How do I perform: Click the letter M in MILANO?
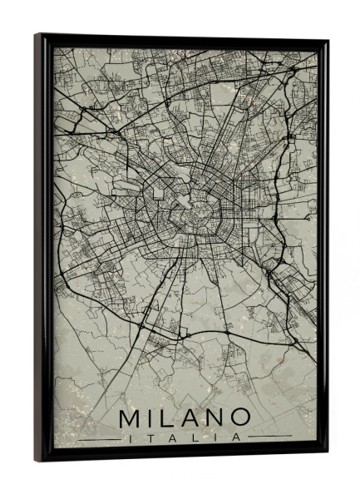point(131,416)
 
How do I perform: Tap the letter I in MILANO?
point(152,416)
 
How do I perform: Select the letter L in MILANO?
point(168,416)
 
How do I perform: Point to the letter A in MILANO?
point(190,416)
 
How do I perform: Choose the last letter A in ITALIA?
point(238,436)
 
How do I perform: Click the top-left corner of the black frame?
point(37,36)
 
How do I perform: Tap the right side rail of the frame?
point(323,249)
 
